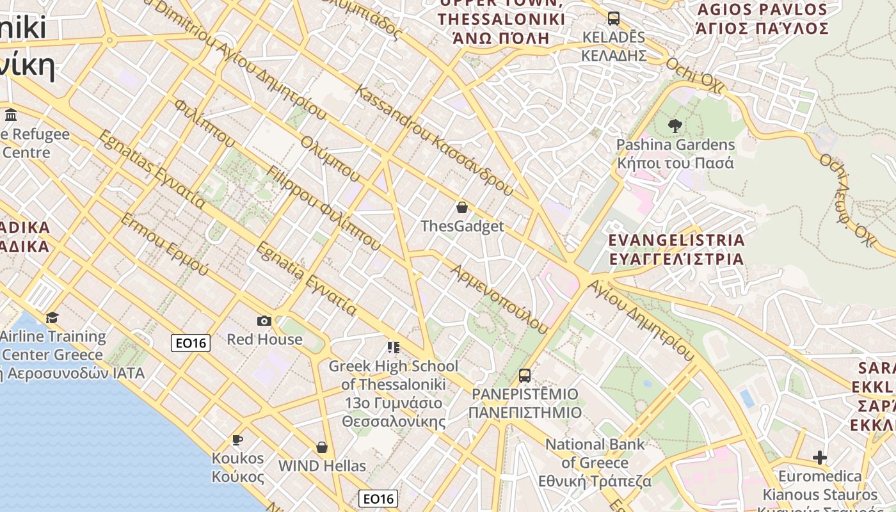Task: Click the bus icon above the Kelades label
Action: click(x=614, y=18)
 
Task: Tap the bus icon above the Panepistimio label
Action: click(x=525, y=375)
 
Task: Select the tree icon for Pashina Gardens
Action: click(x=675, y=125)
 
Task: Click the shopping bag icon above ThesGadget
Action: click(x=462, y=207)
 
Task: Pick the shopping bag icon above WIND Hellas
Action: click(x=322, y=447)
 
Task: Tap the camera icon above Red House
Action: click(x=264, y=321)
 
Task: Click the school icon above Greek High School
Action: click(x=393, y=348)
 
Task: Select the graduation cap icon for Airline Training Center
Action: click(x=52, y=317)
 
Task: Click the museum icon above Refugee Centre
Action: click(x=11, y=115)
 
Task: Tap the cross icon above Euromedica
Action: click(x=820, y=457)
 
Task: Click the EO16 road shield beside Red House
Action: click(x=191, y=343)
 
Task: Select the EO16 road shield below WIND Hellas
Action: click(x=378, y=499)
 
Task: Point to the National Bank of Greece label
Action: click(x=595, y=462)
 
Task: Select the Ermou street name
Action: click(x=164, y=244)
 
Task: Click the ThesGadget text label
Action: click(x=462, y=226)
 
